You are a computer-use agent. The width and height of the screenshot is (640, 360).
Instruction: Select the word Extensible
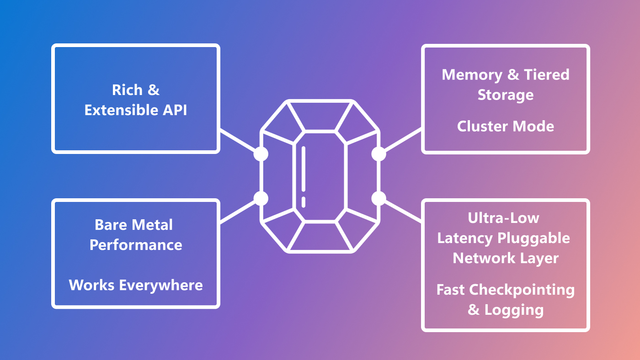pos(121,110)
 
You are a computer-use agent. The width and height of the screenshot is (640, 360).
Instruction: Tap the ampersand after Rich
pos(154,90)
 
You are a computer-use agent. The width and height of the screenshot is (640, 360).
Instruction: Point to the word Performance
pos(136,245)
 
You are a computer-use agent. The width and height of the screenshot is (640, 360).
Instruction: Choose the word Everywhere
pos(161,285)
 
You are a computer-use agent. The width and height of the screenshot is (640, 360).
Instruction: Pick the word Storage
pos(506,95)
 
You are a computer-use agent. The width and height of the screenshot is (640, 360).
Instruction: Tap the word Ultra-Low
pos(504,218)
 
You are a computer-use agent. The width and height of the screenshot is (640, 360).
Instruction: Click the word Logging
pos(514,310)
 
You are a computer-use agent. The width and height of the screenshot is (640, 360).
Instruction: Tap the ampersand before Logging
pos(474,310)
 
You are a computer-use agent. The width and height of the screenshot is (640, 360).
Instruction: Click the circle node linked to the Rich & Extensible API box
pos(261,154)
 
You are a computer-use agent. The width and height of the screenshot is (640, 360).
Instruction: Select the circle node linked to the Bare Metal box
pos(261,198)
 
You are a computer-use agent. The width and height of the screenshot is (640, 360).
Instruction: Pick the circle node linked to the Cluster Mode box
pos(379,154)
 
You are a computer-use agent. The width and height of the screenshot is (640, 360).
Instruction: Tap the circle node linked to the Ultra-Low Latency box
pos(379,198)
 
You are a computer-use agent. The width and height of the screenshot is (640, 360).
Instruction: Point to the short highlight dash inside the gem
pos(304,202)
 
